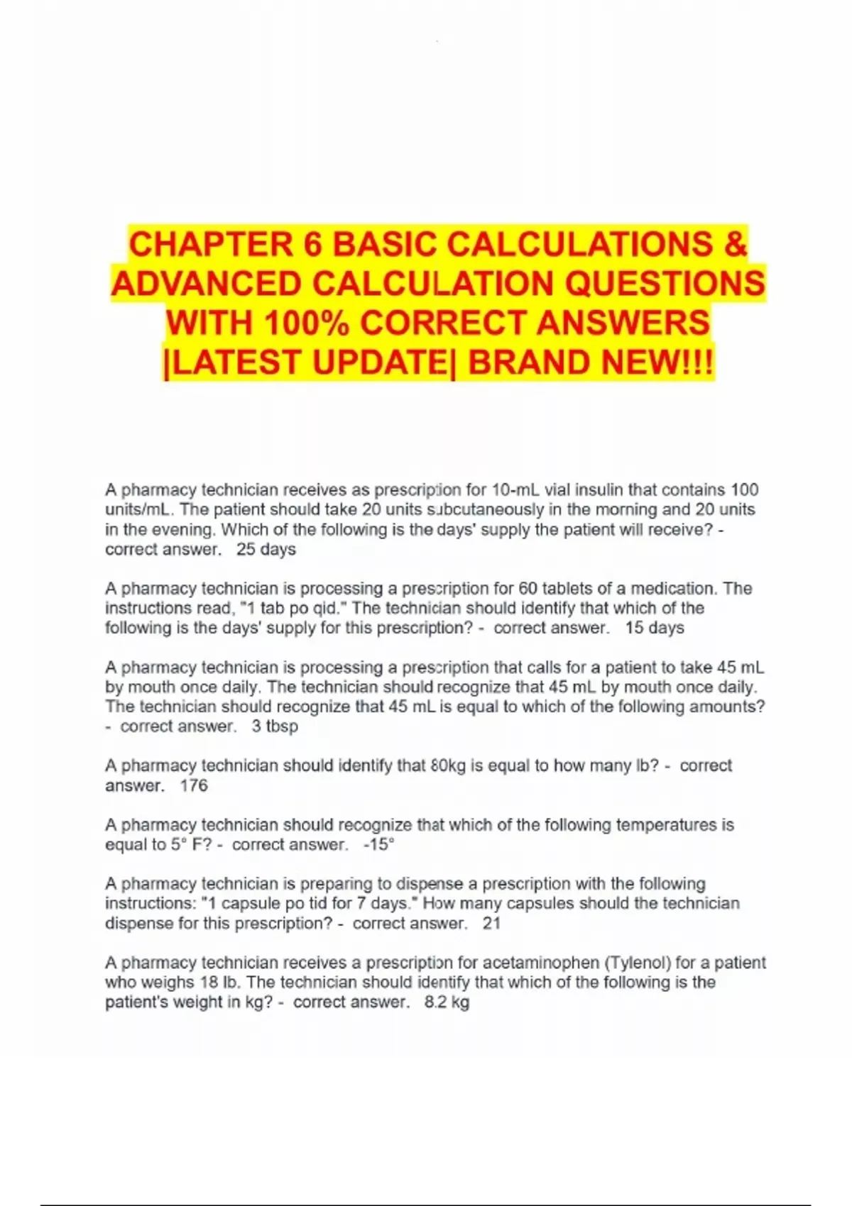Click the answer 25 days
tap(266, 549)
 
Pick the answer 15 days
tap(654, 628)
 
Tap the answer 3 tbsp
tap(275, 726)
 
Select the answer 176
tap(194, 785)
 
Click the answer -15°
tap(378, 845)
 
